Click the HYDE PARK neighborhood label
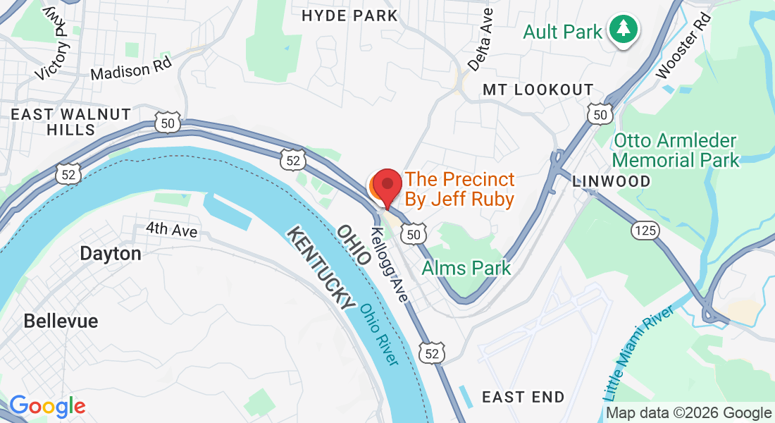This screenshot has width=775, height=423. click(x=349, y=16)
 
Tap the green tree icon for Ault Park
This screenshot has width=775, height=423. click(x=624, y=30)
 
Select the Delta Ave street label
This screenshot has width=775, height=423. click(x=480, y=44)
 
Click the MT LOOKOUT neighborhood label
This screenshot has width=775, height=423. click(x=538, y=90)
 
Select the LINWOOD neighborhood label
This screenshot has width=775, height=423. click(x=612, y=181)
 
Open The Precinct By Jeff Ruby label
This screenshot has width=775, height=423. click(x=459, y=190)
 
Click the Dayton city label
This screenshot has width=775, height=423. click(x=111, y=254)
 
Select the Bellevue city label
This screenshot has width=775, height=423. click(x=61, y=321)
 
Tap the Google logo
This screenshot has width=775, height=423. click(x=47, y=406)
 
